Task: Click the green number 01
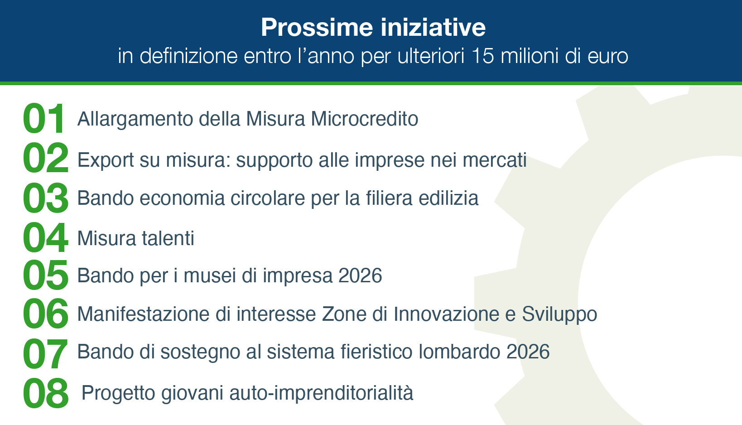click(43, 118)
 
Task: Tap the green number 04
click(45, 237)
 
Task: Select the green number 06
click(45, 314)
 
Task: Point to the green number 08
click(45, 393)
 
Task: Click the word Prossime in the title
click(317, 27)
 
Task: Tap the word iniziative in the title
click(433, 27)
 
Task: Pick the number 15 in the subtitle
click(482, 56)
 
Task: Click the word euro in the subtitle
click(608, 56)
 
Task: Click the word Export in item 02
click(106, 160)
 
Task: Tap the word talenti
click(168, 238)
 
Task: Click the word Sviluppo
click(559, 314)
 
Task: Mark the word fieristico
click(376, 352)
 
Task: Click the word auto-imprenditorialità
click(321, 393)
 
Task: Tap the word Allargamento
click(135, 119)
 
